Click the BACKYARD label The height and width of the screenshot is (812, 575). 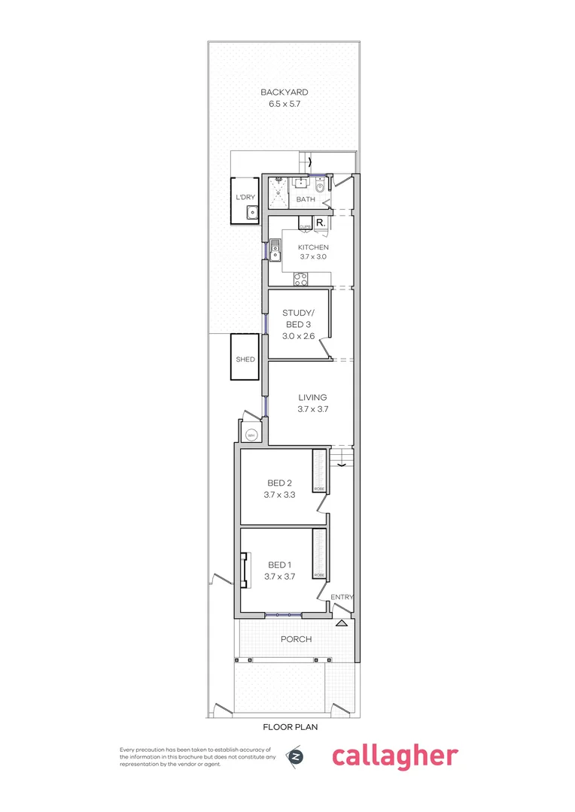284,92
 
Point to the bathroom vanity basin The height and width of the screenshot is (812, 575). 300,182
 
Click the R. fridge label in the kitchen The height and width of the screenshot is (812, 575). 320,223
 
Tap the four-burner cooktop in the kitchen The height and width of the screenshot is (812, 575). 300,278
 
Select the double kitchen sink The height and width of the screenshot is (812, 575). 275,247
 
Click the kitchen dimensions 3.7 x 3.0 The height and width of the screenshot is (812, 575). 313,256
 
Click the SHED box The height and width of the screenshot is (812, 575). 245,359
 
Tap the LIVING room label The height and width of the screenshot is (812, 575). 312,398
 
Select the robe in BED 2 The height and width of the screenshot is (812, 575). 319,471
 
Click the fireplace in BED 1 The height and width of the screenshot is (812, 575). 244,570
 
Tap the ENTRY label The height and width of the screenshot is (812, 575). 342,597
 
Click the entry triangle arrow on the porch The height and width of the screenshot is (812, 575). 342,623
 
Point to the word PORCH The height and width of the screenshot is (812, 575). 297,639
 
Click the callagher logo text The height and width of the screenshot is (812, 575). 394,756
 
